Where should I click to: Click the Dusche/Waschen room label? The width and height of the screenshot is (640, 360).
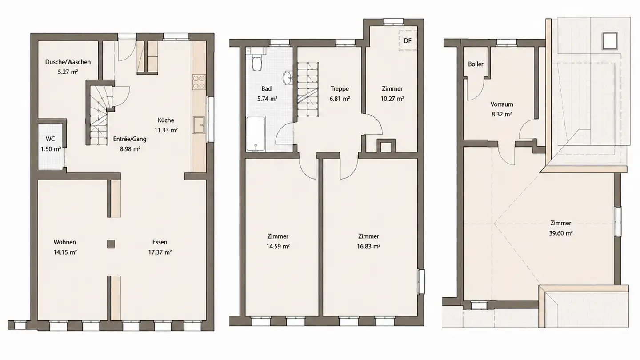[x=68, y=62]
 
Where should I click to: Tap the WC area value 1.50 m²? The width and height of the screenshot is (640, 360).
[x=51, y=149]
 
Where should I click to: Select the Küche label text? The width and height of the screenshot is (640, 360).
[x=166, y=120]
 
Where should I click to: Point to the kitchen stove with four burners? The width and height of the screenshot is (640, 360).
[x=199, y=82]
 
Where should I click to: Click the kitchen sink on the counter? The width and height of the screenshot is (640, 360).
[x=199, y=125]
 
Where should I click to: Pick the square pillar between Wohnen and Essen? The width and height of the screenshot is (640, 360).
[x=111, y=244]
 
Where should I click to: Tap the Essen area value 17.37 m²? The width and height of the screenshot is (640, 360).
[x=160, y=252]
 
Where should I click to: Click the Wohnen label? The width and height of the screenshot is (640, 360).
[x=65, y=242]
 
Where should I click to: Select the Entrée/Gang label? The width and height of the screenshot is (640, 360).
[x=130, y=139]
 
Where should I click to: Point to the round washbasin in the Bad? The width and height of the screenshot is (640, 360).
[x=288, y=78]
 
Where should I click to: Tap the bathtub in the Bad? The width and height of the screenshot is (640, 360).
[x=256, y=134]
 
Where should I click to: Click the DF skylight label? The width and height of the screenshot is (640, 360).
[x=408, y=41]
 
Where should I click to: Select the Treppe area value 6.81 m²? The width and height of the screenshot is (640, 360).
[x=340, y=99]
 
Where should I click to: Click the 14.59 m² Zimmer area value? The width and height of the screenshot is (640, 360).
[x=278, y=247]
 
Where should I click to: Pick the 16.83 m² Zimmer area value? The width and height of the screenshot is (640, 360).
[x=368, y=247]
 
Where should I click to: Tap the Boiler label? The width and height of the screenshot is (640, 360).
[x=476, y=64]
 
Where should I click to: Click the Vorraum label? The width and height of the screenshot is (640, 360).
[x=502, y=104]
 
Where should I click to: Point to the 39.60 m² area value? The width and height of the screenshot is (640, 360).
[x=561, y=233]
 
